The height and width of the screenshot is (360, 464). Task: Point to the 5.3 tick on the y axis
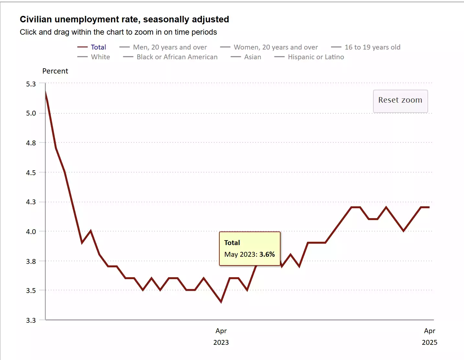click(x=31, y=84)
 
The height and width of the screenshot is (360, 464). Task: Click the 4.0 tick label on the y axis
click(x=31, y=232)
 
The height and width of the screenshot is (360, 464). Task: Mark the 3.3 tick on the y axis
click(x=31, y=321)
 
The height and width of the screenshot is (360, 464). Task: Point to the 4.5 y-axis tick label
click(x=31, y=173)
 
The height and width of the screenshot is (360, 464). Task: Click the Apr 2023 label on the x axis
click(x=221, y=336)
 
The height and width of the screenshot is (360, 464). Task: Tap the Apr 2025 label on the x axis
click(x=429, y=336)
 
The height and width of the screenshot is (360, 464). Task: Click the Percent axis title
click(x=55, y=71)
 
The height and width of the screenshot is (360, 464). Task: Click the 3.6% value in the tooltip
click(x=267, y=254)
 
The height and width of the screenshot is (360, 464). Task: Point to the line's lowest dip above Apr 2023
click(x=221, y=302)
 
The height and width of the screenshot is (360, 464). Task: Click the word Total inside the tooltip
click(x=232, y=243)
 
